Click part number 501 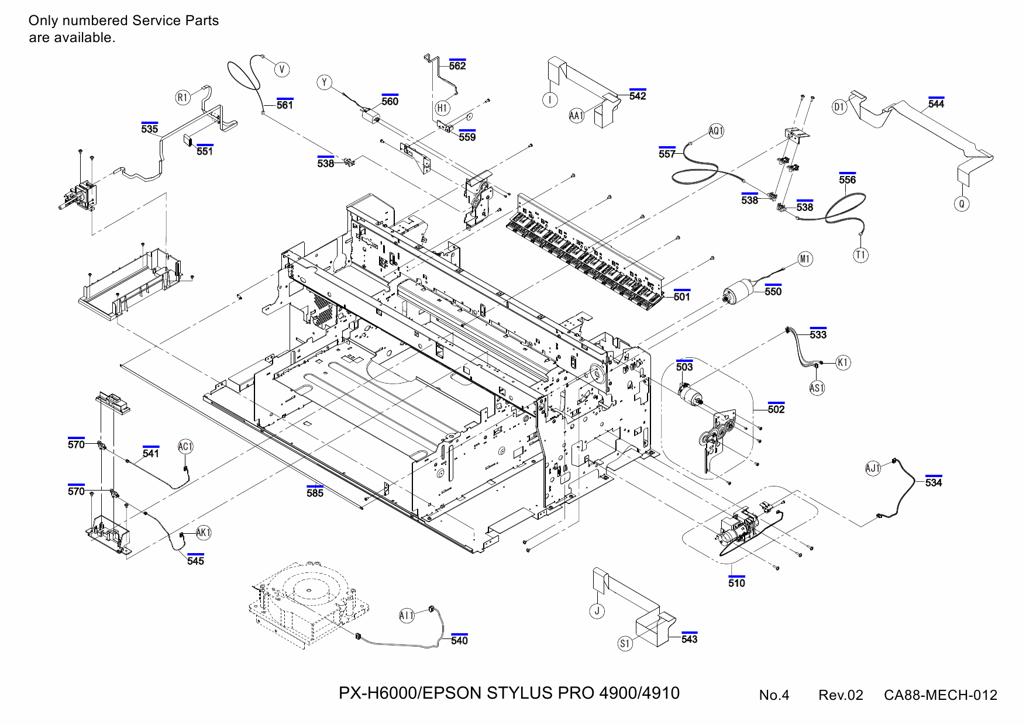pyautogui.click(x=681, y=296)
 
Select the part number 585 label pyautogui.click(x=315, y=493)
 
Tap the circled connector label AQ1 pyautogui.click(x=716, y=131)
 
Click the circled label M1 pyautogui.click(x=805, y=259)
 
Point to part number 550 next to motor pyautogui.click(x=773, y=291)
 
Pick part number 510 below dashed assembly pyautogui.click(x=736, y=583)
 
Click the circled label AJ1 pyautogui.click(x=873, y=468)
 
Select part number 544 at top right pyautogui.click(x=936, y=103)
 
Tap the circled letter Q pyautogui.click(x=961, y=203)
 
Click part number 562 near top pyautogui.click(x=457, y=65)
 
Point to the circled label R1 pyautogui.click(x=183, y=98)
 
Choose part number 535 pyautogui.click(x=150, y=129)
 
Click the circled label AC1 pyautogui.click(x=185, y=447)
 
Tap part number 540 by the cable pyautogui.click(x=459, y=640)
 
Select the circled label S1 pyautogui.click(x=625, y=643)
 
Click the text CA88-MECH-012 pyautogui.click(x=940, y=695)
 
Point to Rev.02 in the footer pyautogui.click(x=841, y=695)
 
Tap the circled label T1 pyautogui.click(x=860, y=255)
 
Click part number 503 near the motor pyautogui.click(x=684, y=367)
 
